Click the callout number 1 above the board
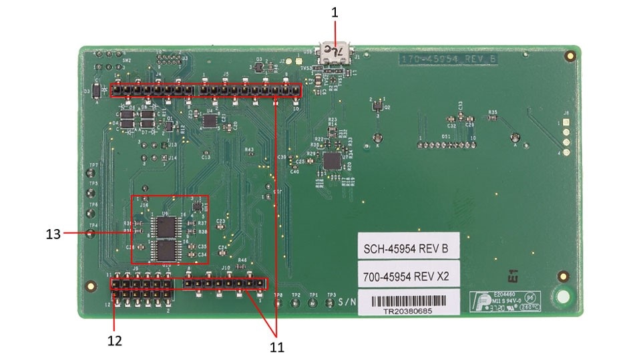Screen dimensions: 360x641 coord(335,12)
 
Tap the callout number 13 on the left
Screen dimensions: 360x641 coord(53,234)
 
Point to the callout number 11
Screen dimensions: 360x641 coord(276,347)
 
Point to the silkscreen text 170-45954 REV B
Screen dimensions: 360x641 coord(448,59)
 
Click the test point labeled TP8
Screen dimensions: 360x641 coord(278,303)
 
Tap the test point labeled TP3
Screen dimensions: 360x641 coord(329,303)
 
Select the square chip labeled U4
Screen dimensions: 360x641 coord(331,160)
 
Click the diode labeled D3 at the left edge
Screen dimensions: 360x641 coord(96,89)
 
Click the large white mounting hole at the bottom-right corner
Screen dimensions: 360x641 coord(563,296)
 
